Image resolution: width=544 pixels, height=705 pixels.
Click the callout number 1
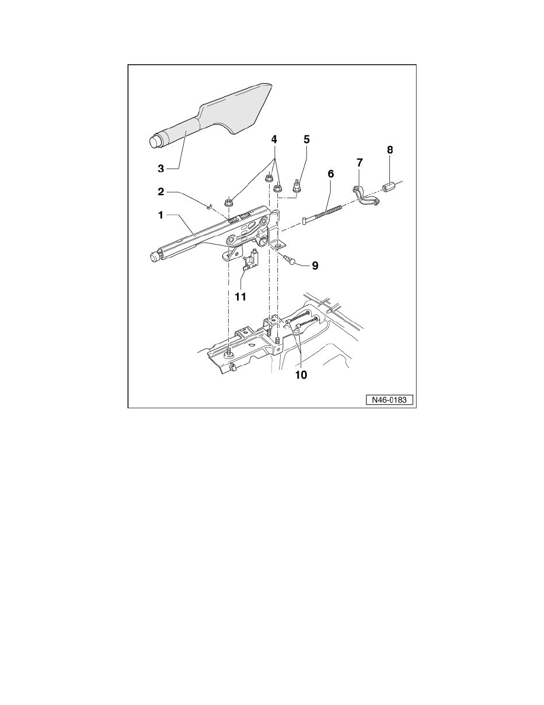160,216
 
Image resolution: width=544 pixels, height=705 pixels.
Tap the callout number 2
160,192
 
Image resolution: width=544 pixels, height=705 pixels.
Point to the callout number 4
274,140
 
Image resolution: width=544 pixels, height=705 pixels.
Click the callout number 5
306,140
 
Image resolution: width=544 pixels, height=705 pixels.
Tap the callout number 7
360,162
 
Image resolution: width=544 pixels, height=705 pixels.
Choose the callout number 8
389,150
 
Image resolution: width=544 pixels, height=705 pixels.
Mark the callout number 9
315,265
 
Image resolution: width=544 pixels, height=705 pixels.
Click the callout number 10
302,375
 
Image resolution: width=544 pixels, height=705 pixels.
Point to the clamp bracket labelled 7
364,197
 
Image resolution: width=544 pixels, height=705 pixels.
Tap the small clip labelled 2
210,206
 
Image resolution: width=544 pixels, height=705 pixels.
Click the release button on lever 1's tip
155,256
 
